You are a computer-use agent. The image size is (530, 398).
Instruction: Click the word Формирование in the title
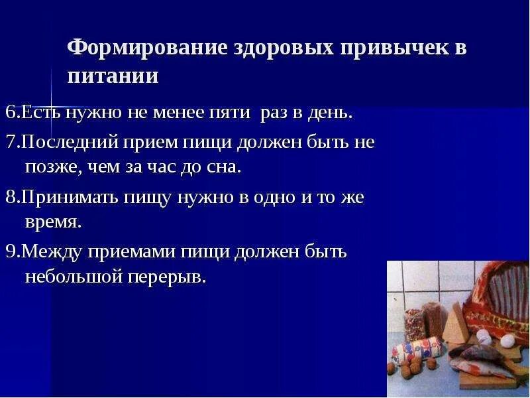click(148, 47)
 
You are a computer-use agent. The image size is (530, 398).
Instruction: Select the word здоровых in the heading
click(284, 47)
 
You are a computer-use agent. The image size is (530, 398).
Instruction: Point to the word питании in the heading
click(113, 76)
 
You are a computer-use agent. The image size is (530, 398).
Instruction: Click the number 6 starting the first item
click(10, 112)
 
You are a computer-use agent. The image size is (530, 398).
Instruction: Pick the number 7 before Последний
click(10, 141)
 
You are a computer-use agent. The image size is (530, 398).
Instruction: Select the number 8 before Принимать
click(10, 197)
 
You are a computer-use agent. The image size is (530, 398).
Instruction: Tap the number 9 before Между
click(10, 252)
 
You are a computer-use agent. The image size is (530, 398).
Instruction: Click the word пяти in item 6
click(229, 113)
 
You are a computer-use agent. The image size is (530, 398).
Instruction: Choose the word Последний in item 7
click(70, 141)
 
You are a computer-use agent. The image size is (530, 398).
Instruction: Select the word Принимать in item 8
click(70, 197)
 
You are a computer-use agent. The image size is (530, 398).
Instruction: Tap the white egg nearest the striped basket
click(484, 336)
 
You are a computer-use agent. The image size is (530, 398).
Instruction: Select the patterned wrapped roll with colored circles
click(416, 350)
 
